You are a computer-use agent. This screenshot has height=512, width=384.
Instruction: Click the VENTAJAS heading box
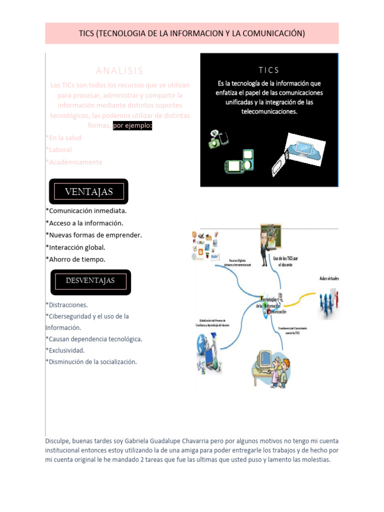click(x=89, y=191)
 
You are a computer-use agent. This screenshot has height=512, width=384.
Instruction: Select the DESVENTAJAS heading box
click(x=90, y=281)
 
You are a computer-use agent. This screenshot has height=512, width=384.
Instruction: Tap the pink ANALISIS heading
click(x=119, y=71)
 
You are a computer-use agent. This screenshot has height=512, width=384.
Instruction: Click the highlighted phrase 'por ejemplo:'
click(x=132, y=125)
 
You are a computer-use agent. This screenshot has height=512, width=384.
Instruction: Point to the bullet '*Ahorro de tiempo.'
click(x=75, y=259)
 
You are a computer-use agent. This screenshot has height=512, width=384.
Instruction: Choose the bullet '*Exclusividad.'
click(x=65, y=350)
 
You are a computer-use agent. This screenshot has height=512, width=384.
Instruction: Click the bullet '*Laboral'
click(x=58, y=150)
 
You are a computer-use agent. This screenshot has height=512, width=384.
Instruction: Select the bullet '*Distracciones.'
click(x=66, y=304)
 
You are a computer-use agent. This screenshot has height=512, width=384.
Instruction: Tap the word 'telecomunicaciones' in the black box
click(x=269, y=111)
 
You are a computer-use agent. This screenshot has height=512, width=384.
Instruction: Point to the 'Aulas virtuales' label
click(x=329, y=278)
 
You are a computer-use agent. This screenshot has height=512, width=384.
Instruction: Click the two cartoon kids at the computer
click(x=272, y=368)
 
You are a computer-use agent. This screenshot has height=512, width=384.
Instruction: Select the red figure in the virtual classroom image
click(x=336, y=300)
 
